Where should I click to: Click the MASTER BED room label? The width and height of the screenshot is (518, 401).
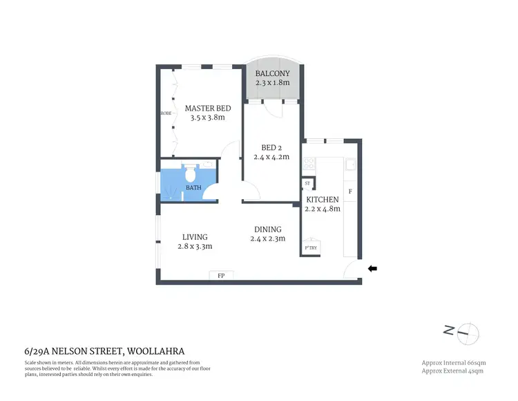pyautogui.click(x=207, y=109)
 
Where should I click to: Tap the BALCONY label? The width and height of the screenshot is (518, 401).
pyautogui.click(x=272, y=73)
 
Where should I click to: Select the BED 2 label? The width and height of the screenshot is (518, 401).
pyautogui.click(x=270, y=147)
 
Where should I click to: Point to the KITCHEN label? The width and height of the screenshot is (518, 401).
pyautogui.click(x=323, y=200)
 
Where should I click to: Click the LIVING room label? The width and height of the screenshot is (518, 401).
pyautogui.click(x=195, y=237)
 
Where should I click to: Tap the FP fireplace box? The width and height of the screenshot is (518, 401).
pyautogui.click(x=221, y=276)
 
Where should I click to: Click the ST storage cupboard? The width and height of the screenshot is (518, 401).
pyautogui.click(x=307, y=183)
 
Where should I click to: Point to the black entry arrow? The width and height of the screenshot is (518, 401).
pyautogui.click(x=374, y=269)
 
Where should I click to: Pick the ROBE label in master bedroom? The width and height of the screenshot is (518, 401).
pyautogui.click(x=166, y=113)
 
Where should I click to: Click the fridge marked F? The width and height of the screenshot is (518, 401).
pyautogui.click(x=350, y=191)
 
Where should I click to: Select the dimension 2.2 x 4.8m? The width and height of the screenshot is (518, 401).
pyautogui.click(x=323, y=209)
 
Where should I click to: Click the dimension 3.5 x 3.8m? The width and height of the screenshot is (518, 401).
pyautogui.click(x=207, y=118)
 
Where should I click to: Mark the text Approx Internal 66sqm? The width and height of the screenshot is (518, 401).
pyautogui.click(x=452, y=362)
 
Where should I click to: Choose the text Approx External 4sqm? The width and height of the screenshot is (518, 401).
pyautogui.click(x=453, y=371)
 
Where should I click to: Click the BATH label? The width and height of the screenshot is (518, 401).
pyautogui.click(x=193, y=187)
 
